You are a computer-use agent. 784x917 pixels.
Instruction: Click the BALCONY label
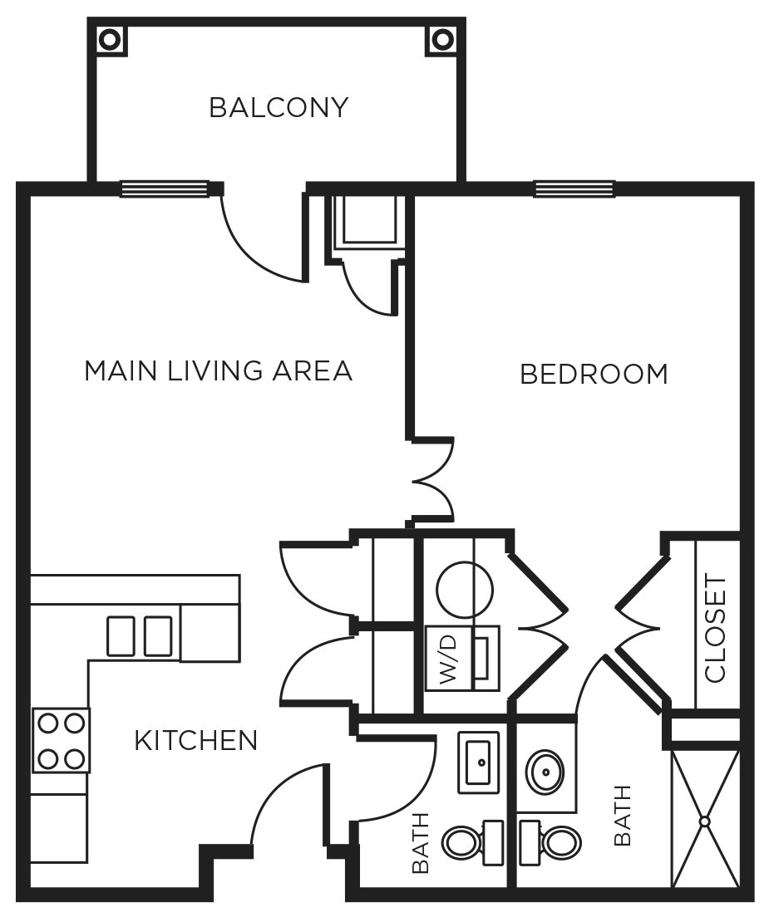click(x=278, y=108)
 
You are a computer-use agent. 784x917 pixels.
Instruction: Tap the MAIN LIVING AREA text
click(x=218, y=370)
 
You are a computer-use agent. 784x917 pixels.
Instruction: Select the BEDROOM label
click(x=594, y=375)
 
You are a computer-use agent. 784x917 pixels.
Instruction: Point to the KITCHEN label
click(x=196, y=740)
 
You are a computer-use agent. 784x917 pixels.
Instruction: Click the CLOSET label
click(x=715, y=628)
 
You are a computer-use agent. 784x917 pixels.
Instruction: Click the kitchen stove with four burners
click(x=61, y=740)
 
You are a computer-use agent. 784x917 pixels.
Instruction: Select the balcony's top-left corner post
click(x=110, y=37)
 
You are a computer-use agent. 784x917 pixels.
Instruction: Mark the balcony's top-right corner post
click(x=442, y=37)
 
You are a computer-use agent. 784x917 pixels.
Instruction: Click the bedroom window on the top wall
click(x=574, y=189)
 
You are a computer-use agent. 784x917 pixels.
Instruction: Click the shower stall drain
click(x=705, y=821)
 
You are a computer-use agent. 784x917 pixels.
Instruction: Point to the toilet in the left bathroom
click(x=468, y=842)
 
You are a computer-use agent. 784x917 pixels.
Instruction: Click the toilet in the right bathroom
click(x=547, y=841)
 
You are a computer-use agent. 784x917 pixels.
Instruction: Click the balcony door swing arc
click(x=249, y=249)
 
